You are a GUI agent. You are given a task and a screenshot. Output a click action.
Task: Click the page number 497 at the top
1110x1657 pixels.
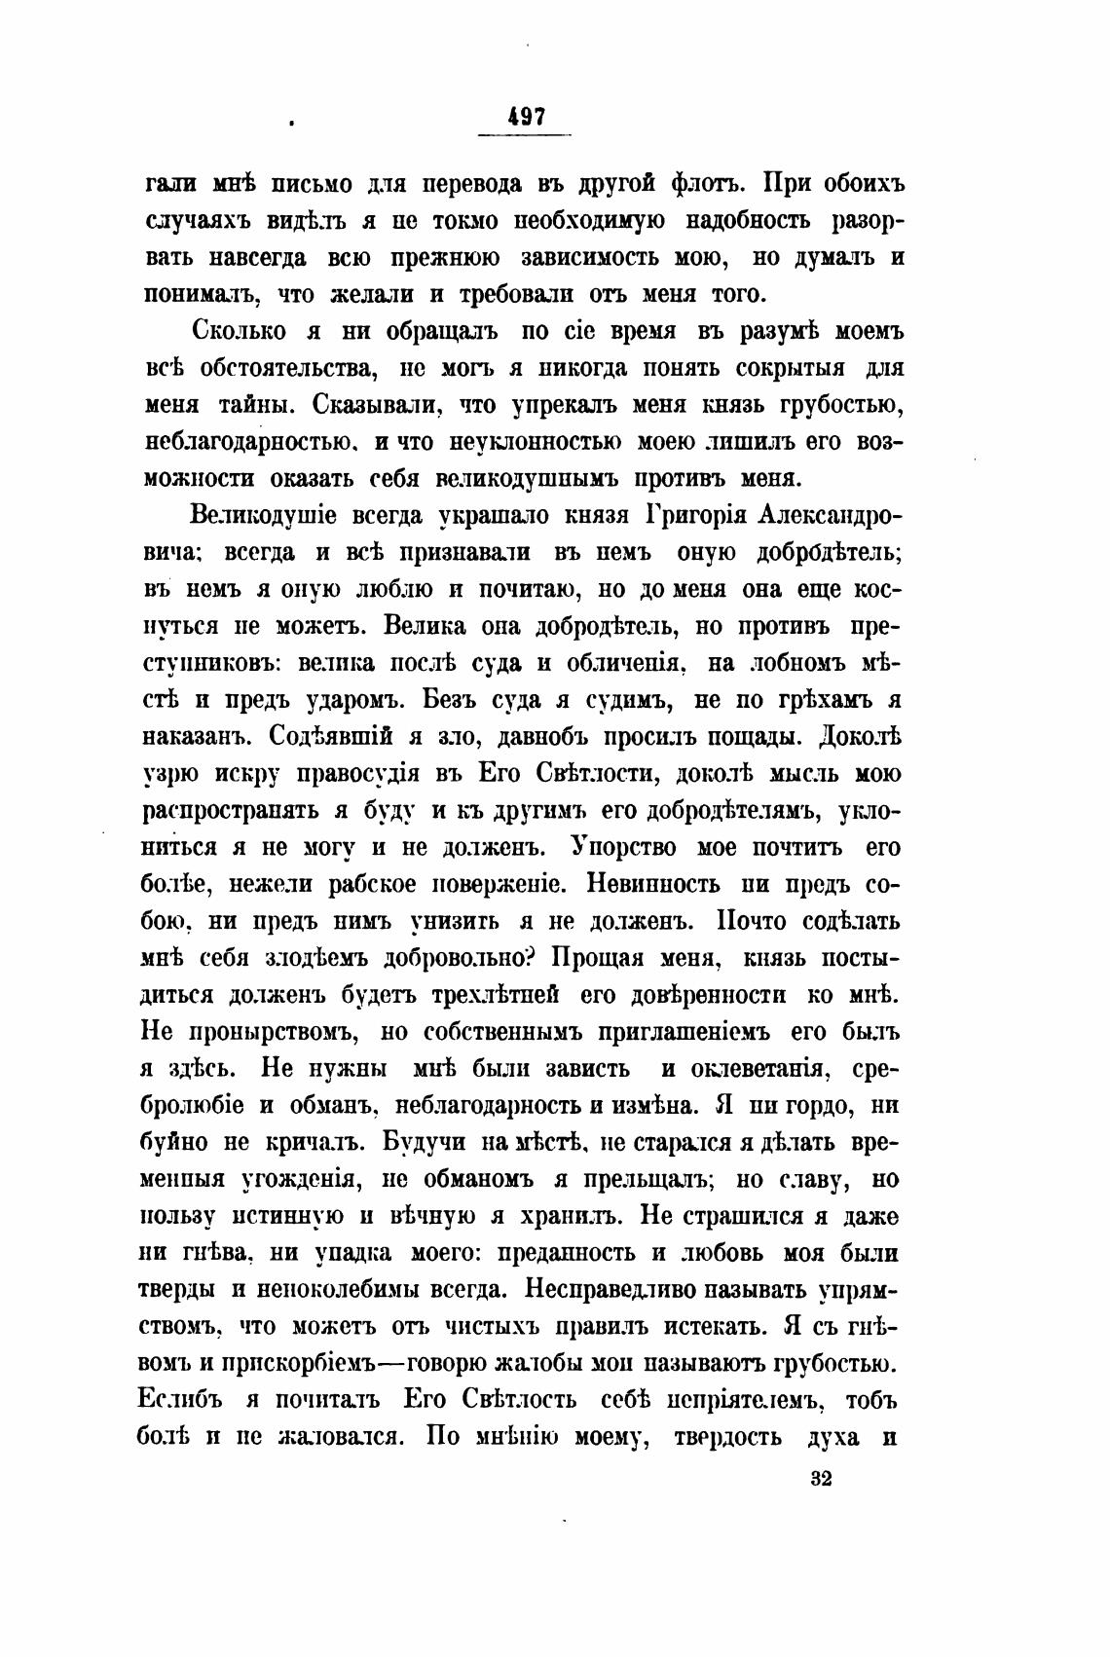coord(527,116)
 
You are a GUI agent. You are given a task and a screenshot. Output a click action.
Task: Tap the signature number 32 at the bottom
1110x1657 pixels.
coord(820,1480)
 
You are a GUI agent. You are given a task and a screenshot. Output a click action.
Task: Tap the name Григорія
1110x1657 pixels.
coord(705,514)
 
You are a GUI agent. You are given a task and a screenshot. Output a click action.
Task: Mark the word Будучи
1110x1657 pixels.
coord(431,1143)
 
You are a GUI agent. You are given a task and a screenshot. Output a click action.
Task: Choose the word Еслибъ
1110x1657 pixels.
coord(185,1401)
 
